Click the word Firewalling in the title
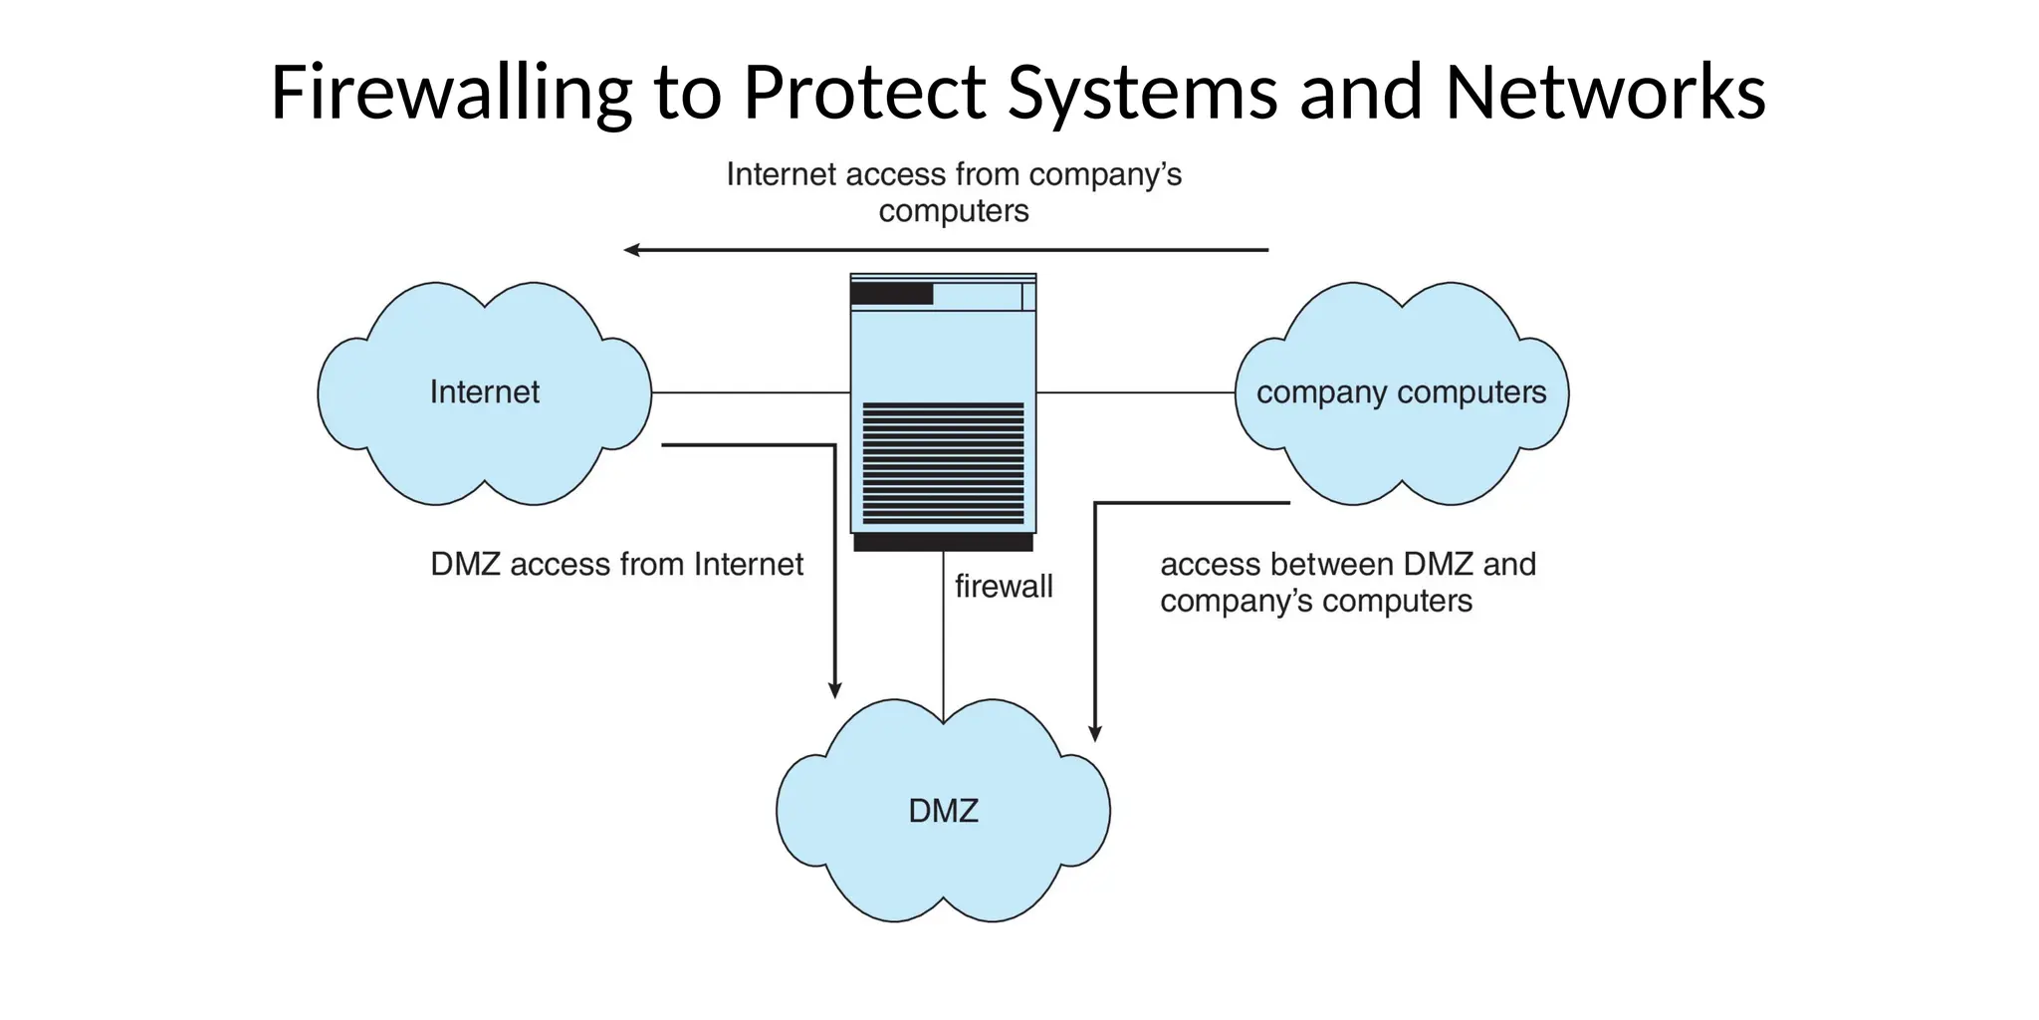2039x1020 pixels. click(450, 93)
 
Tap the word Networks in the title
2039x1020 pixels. click(1605, 93)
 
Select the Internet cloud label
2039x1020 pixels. click(484, 392)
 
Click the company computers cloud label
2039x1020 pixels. click(1401, 392)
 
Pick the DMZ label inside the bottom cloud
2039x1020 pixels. click(943, 811)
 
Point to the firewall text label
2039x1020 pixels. click(1004, 587)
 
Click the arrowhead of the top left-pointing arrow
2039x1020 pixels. click(631, 250)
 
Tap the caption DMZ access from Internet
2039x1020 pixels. click(616, 565)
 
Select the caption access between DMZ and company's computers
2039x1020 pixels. click(1347, 583)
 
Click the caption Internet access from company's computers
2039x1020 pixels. click(954, 192)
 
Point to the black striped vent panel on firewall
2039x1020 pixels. click(943, 463)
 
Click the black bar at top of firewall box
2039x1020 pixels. click(891, 294)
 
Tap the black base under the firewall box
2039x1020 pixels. click(943, 543)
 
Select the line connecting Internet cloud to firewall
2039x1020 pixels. click(751, 392)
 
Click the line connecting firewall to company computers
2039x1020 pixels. click(1135, 392)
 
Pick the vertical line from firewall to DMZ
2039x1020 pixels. click(943, 637)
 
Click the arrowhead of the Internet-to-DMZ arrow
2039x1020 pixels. click(835, 690)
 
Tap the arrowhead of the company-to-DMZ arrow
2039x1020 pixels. click(1095, 733)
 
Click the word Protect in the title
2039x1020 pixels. click(864, 93)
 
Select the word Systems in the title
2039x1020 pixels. click(1143, 93)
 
